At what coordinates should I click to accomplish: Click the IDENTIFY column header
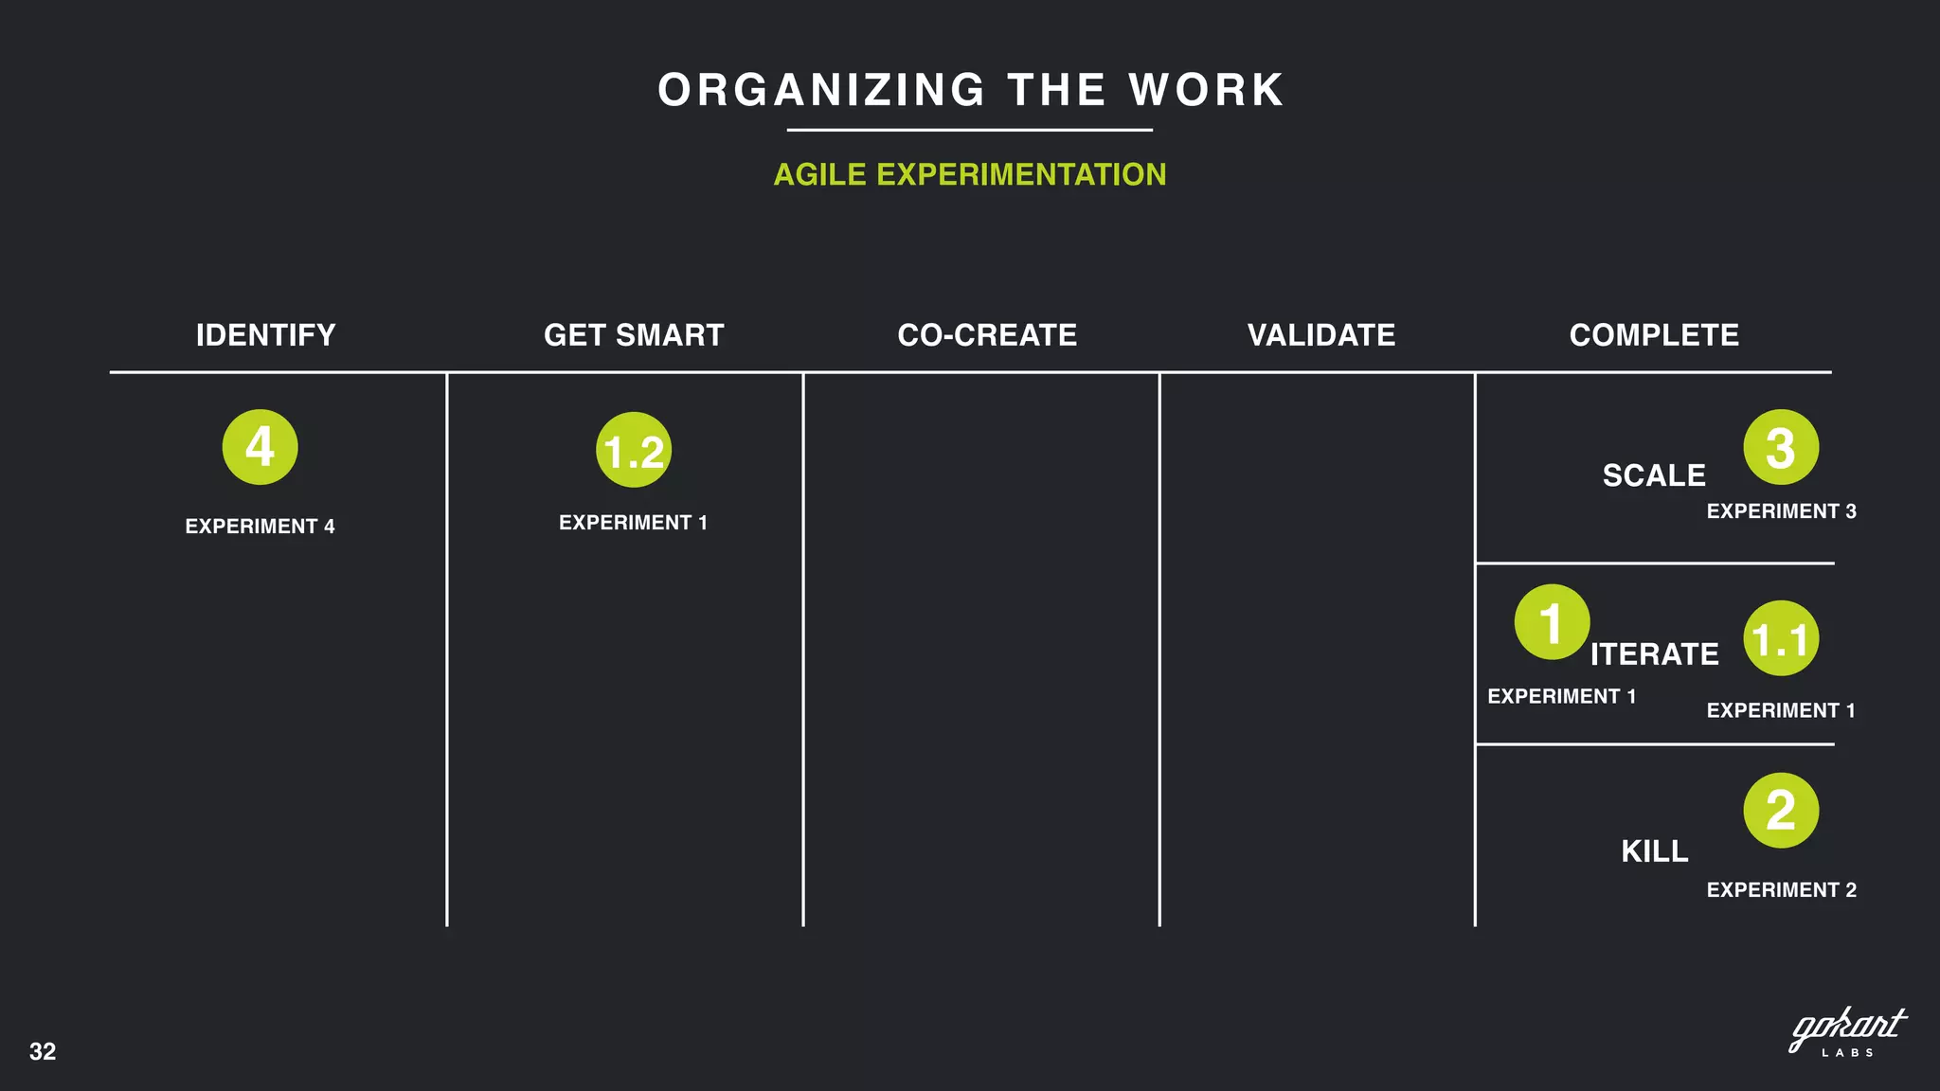[x=265, y=335]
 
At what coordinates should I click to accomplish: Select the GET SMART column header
[x=634, y=335]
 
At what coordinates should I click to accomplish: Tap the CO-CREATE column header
[x=987, y=335]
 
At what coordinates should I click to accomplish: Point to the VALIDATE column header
[x=1321, y=335]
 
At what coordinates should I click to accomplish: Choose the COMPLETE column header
[x=1654, y=335]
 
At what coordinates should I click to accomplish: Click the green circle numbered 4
[x=260, y=447]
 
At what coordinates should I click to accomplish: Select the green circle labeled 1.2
[x=634, y=450]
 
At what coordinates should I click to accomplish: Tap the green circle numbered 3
[x=1781, y=447]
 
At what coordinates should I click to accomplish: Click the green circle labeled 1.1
[x=1781, y=638]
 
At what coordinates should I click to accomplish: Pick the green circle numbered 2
[x=1781, y=811]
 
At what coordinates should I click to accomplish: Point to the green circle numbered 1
[x=1552, y=622]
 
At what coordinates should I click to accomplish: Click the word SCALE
[x=1654, y=475]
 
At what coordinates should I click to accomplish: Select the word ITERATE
[x=1654, y=654]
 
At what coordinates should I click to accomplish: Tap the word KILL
[x=1655, y=851]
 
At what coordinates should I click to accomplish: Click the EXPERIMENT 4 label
[x=260, y=527]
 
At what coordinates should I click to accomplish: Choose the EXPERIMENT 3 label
[x=1781, y=511]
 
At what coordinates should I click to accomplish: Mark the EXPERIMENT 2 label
[x=1781, y=890]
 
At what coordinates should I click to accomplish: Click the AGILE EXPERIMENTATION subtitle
[x=970, y=174]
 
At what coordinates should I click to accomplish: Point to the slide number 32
[x=43, y=1051]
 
